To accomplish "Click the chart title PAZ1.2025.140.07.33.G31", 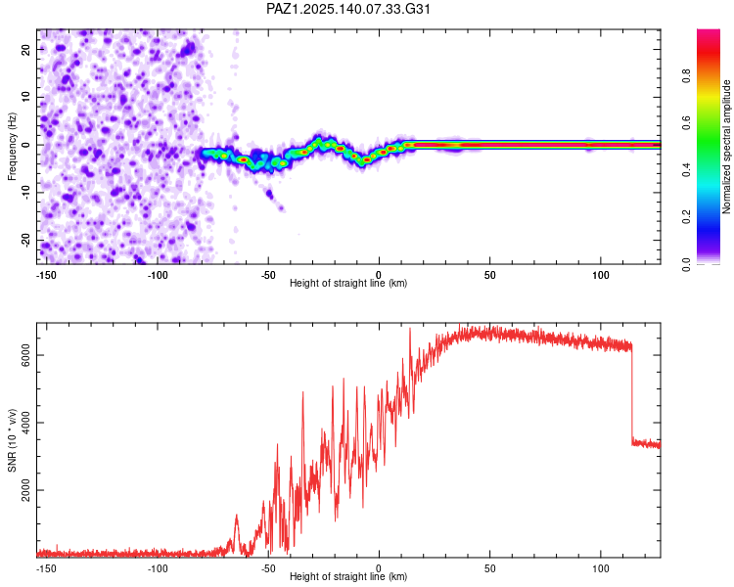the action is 347,9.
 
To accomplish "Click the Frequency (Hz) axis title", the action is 12,147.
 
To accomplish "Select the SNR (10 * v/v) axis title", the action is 12,440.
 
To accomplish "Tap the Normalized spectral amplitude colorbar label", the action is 726,147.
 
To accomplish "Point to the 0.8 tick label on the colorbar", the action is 686,75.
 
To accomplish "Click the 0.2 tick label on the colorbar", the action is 686,217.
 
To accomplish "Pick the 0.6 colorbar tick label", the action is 686,122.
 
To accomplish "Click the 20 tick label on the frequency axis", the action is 26,49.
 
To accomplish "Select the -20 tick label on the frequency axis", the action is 26,241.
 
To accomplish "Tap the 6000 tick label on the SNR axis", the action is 26,355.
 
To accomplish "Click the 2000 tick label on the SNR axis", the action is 26,490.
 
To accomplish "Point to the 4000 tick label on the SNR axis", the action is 26,423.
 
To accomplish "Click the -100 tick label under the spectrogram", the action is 158,275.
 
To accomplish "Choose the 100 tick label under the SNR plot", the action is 601,568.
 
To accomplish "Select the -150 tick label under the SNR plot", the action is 46,568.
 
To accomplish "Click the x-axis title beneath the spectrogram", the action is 348,283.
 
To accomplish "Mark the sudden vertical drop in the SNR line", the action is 632,393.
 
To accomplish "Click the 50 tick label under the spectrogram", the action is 489,275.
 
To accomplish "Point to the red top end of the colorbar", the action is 709,32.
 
